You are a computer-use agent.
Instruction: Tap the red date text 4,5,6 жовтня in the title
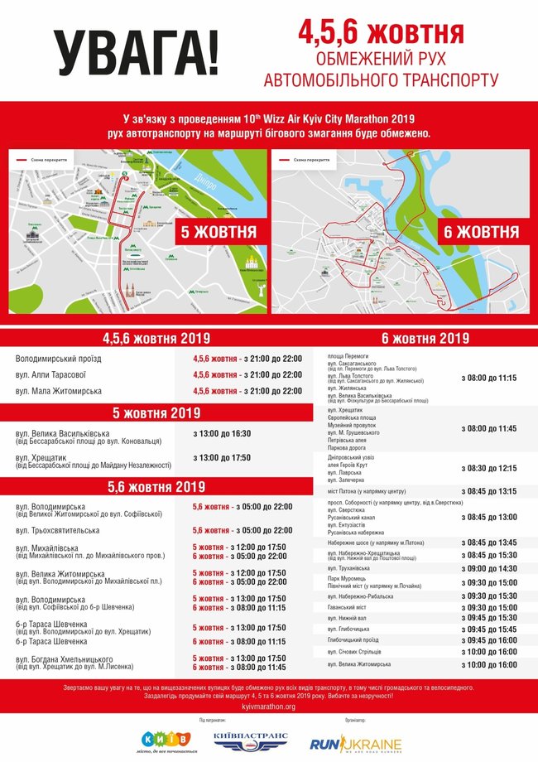[x=381, y=34]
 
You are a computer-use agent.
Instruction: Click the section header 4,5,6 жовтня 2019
[x=156, y=338]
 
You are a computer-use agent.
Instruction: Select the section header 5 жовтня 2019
[x=156, y=412]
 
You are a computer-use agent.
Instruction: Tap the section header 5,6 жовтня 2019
[x=156, y=486]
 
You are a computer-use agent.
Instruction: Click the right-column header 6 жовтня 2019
[x=425, y=338]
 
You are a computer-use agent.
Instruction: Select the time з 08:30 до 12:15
[x=488, y=468]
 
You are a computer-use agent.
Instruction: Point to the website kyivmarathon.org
[x=269, y=707]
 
